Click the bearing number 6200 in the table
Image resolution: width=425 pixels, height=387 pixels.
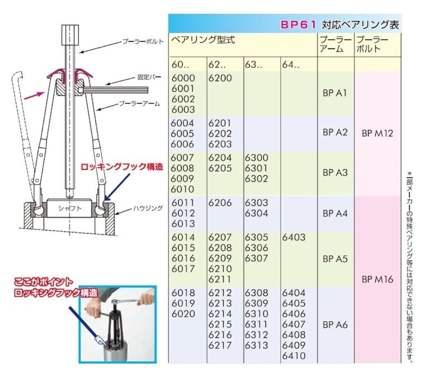click(220, 78)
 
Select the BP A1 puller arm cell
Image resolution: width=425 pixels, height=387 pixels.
click(335, 93)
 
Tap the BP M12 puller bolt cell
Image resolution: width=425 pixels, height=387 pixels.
click(377, 133)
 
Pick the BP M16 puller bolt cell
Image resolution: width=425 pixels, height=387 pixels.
click(377, 279)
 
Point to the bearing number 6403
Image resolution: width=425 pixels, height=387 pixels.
click(294, 237)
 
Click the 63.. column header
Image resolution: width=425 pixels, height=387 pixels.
click(253, 65)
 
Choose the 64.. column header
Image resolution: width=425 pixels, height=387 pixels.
click(291, 65)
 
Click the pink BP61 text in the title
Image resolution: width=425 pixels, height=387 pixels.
click(298, 25)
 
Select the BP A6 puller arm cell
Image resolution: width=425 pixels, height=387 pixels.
click(335, 325)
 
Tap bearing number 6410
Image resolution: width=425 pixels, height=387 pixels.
click(294, 356)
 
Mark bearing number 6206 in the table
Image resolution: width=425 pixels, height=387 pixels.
click(220, 203)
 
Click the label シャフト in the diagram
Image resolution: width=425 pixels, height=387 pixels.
click(70, 208)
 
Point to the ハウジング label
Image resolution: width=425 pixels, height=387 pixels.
click(148, 208)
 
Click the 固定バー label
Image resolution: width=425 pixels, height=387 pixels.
click(149, 78)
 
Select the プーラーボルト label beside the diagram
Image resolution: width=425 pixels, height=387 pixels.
click(143, 42)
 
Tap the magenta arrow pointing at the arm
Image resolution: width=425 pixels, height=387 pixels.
click(33, 95)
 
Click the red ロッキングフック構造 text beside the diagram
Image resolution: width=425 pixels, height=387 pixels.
click(122, 167)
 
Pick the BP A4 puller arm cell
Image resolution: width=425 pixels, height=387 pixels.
click(335, 213)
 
